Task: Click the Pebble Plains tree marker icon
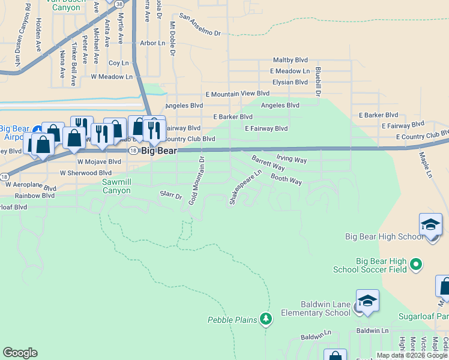click(265, 318)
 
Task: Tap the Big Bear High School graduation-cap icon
click(431, 225)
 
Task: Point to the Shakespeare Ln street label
click(246, 187)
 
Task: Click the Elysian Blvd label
click(289, 82)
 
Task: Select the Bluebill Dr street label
click(318, 82)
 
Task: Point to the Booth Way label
click(286, 178)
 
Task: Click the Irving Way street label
click(291, 160)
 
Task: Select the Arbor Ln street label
click(152, 43)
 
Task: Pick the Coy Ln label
click(118, 63)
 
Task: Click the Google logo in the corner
click(20, 353)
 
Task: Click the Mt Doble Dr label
click(172, 39)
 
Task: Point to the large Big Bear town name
click(159, 151)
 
